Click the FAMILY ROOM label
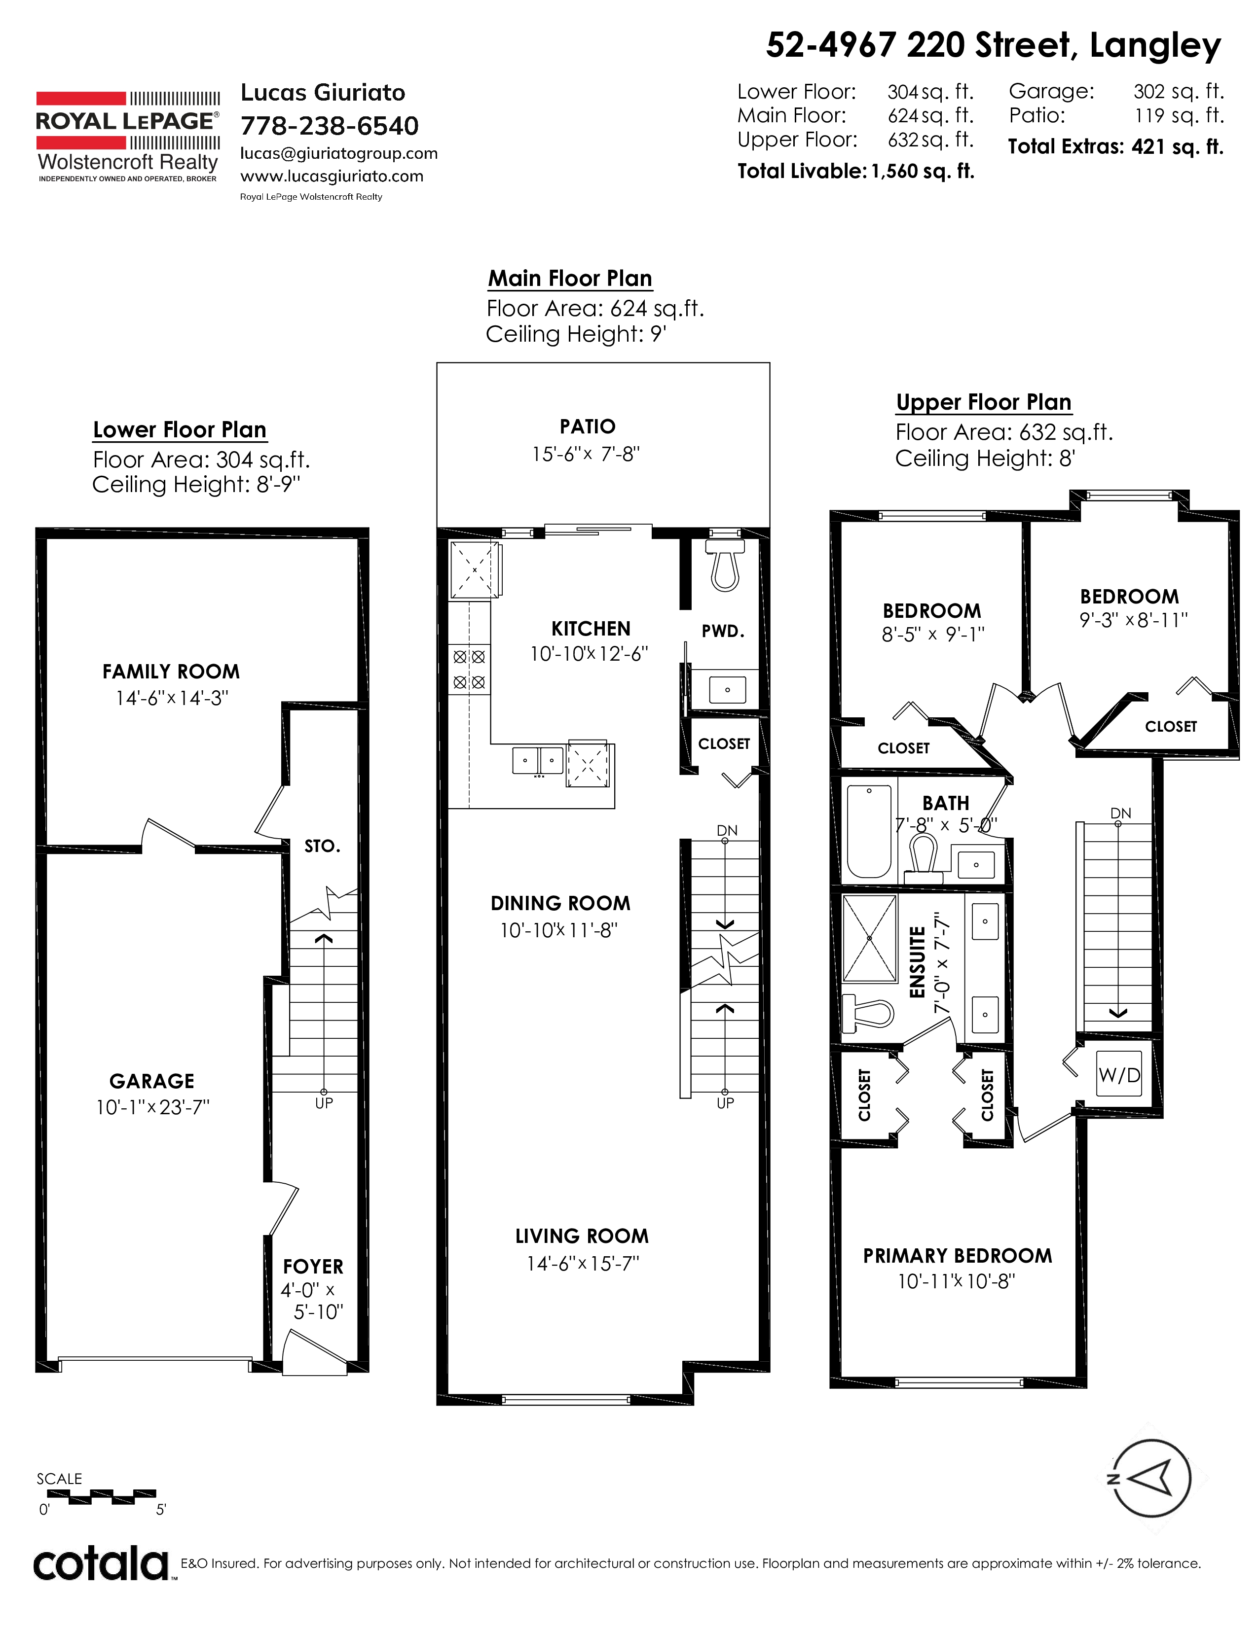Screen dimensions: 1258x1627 (x=171, y=672)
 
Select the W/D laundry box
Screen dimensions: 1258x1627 (x=1119, y=1075)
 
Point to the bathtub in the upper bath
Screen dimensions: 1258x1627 (x=869, y=832)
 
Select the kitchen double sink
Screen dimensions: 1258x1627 (x=537, y=761)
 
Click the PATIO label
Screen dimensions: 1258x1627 (x=587, y=427)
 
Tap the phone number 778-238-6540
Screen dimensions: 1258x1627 (x=330, y=126)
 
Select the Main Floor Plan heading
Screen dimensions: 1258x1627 (x=570, y=279)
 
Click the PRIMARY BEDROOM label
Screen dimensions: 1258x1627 (x=958, y=1256)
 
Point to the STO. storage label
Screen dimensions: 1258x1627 (x=322, y=846)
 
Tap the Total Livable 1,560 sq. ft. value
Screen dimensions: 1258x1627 (x=923, y=172)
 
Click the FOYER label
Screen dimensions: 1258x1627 (x=313, y=1267)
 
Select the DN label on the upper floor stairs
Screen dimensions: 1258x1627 (x=1121, y=813)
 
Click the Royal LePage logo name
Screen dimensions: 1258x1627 (x=127, y=121)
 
